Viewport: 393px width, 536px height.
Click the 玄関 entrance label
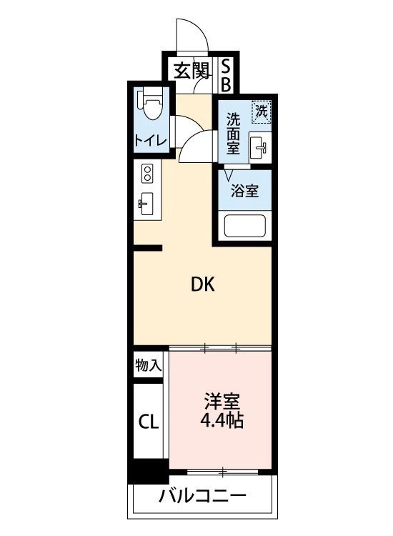click(191, 71)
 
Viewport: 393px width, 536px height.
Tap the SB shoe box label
click(226, 74)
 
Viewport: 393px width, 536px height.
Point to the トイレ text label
click(150, 141)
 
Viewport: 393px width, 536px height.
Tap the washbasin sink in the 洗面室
click(259, 148)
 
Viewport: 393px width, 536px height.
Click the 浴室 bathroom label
click(244, 191)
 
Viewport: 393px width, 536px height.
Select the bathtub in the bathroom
click(245, 227)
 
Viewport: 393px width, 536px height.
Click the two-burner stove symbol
click(147, 173)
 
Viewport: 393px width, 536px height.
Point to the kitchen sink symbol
click(146, 204)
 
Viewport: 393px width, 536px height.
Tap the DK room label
click(202, 284)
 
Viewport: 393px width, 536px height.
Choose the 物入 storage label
click(149, 366)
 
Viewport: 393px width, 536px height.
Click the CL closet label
click(149, 422)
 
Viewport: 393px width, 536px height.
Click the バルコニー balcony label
click(203, 495)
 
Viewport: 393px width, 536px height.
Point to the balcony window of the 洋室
click(223, 472)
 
